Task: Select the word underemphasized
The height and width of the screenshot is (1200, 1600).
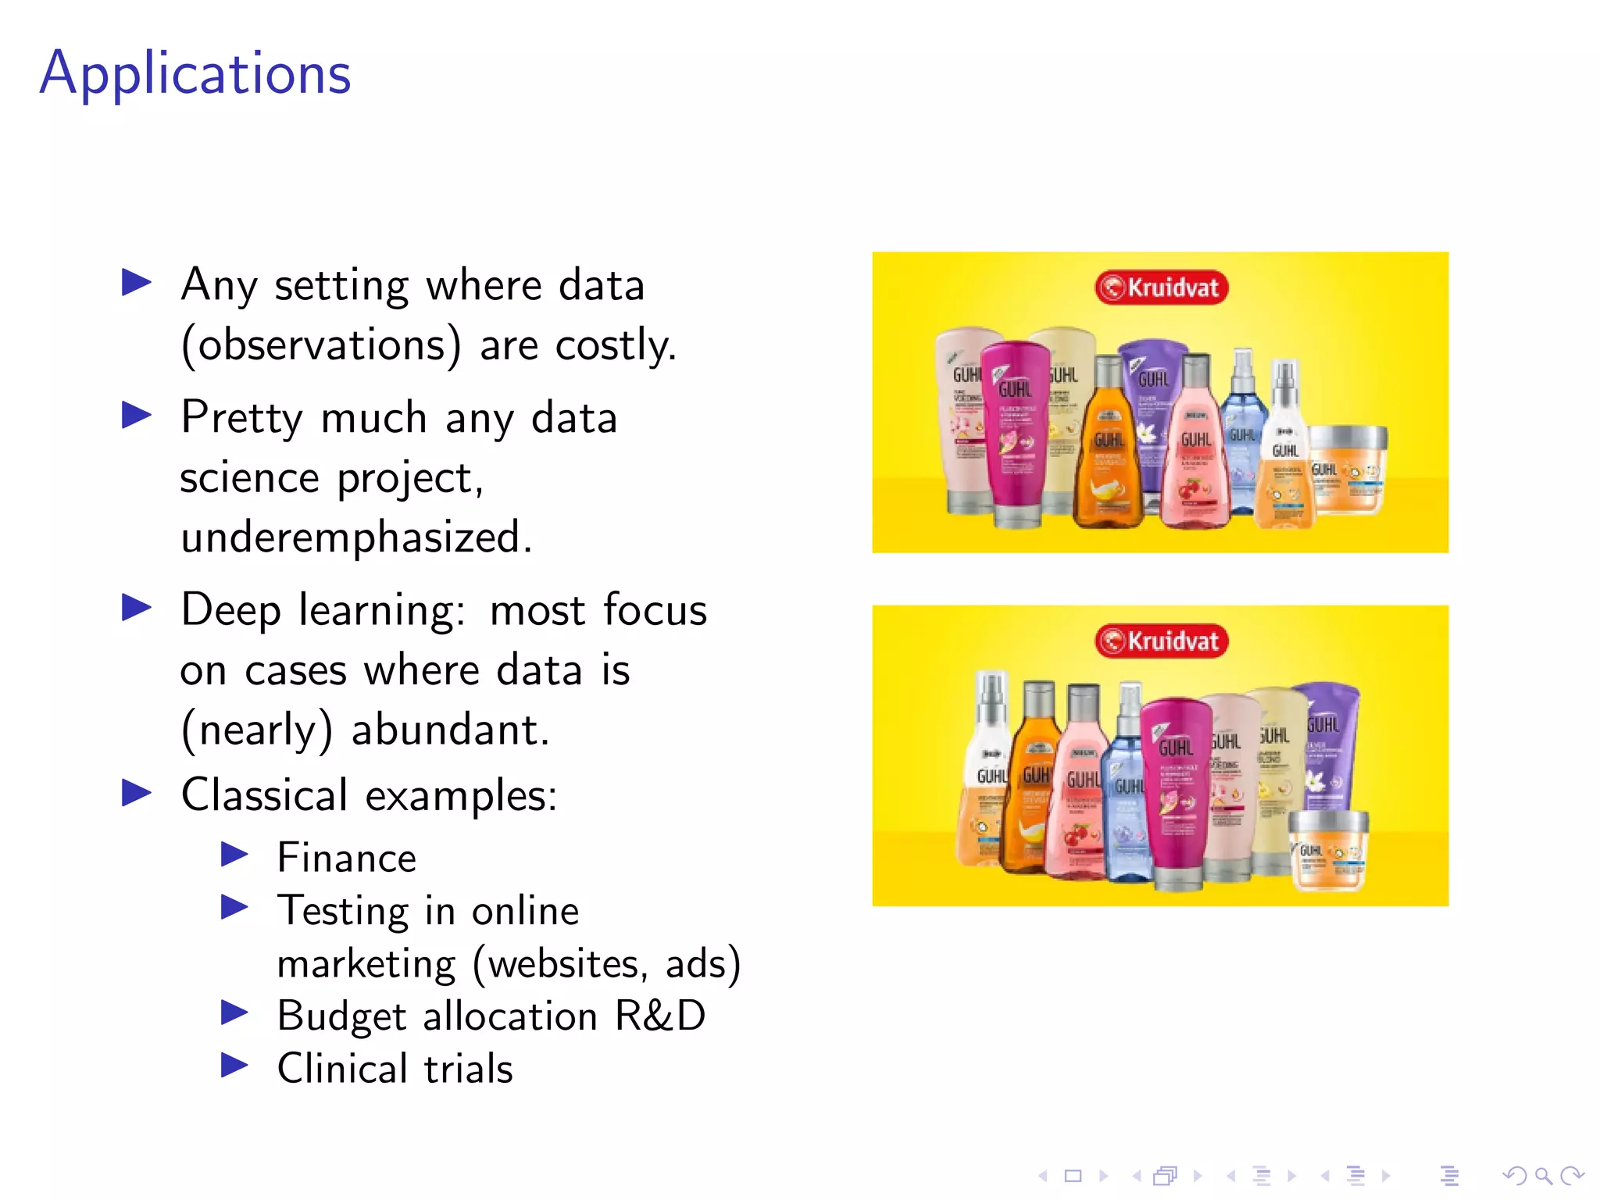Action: [x=355, y=537]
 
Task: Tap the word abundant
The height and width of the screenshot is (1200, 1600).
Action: [x=450, y=730]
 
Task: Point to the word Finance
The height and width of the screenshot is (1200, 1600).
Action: [x=347, y=858]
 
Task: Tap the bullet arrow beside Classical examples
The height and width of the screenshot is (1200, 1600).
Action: [x=137, y=793]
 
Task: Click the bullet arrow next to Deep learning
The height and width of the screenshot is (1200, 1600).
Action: [x=137, y=608]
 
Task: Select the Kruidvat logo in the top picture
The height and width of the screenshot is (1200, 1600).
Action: [x=1161, y=287]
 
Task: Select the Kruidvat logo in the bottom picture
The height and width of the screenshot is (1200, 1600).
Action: [x=1161, y=641]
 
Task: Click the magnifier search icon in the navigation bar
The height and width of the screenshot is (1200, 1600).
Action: [x=1543, y=1176]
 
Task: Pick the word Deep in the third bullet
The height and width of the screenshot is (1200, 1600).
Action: [x=230, y=610]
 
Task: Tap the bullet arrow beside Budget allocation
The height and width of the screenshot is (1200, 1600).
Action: [x=234, y=1012]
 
